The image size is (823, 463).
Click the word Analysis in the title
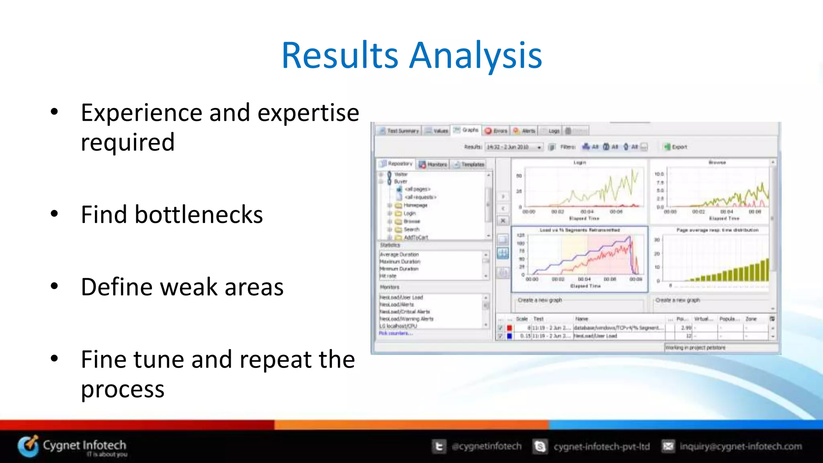476,55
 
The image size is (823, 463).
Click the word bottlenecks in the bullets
199,214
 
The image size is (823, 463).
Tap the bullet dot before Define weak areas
54,286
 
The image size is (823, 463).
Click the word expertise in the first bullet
308,113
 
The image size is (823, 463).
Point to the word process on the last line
123,389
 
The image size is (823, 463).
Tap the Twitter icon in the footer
439,446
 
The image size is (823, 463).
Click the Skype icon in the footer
540,446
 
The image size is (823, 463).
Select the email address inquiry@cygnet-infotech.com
740,446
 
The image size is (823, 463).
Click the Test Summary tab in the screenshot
399,131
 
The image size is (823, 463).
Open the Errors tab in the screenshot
496,131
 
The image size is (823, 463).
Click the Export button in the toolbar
676,147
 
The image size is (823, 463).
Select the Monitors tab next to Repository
433,164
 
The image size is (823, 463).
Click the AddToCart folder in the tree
415,237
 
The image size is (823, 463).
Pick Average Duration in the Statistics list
399,255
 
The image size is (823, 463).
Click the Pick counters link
395,333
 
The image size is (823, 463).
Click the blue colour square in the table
509,336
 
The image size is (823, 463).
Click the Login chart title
579,163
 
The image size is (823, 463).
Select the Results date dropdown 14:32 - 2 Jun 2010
514,147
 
